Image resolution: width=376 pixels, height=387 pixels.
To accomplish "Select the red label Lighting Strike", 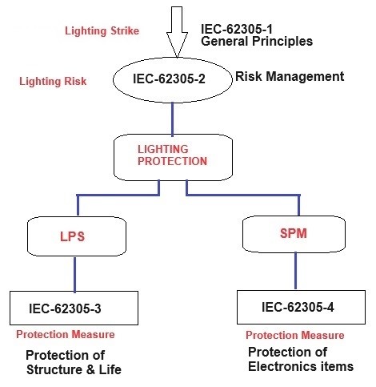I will pyautogui.click(x=102, y=31).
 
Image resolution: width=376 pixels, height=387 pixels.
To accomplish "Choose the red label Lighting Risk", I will pyautogui.click(x=54, y=81).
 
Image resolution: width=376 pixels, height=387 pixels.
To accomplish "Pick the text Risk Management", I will pyautogui.click(x=289, y=77).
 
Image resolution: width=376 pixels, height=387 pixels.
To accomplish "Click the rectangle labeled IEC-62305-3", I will pyautogui.click(x=77, y=307).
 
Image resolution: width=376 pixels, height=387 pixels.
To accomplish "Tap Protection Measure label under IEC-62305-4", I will pyautogui.click(x=294, y=335).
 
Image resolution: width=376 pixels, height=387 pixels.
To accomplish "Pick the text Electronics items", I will pyautogui.click(x=300, y=367).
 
